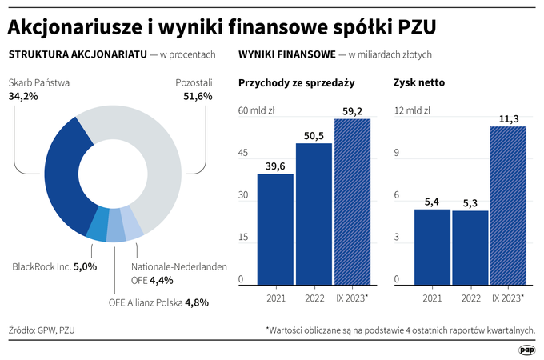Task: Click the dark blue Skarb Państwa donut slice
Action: coord(62,177)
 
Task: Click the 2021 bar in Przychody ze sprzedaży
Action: coord(275,230)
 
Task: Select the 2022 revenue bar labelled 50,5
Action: coord(314,214)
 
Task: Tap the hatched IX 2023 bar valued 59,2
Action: coord(353,202)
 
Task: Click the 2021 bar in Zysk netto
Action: coord(432,247)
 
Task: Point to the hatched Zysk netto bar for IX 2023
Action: coord(508,206)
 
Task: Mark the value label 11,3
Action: coord(509,119)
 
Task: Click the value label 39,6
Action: coord(275,166)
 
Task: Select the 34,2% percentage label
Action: coord(23,96)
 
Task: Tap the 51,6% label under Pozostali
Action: coord(198,96)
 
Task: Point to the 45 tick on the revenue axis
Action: coord(243,153)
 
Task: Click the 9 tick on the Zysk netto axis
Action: coord(397,153)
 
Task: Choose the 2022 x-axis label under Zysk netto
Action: coord(470,298)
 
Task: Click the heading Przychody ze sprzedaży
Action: coord(297,83)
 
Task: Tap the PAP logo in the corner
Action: coord(527,350)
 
